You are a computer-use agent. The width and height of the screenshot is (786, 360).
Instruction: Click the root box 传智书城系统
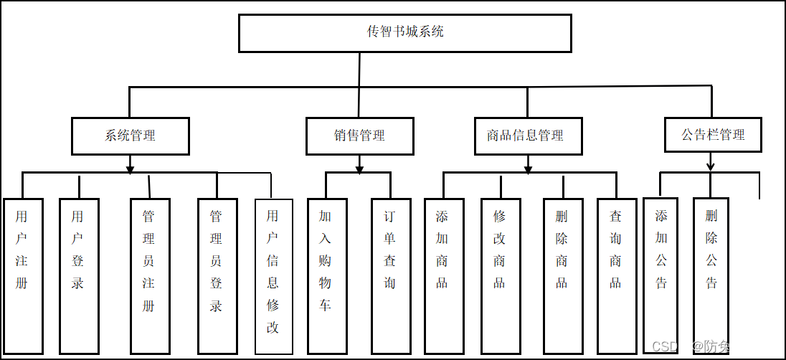(x=404, y=33)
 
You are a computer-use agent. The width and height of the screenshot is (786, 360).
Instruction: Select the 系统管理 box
(x=130, y=136)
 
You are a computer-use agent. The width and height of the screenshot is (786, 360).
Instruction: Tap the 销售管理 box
(x=359, y=136)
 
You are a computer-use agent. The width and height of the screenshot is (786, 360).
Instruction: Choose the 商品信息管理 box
(x=528, y=136)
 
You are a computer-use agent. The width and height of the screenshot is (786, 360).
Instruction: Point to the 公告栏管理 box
(x=713, y=135)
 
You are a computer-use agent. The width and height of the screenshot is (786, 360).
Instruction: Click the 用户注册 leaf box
(x=22, y=276)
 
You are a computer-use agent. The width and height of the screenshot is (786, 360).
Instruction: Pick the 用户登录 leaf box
(x=78, y=276)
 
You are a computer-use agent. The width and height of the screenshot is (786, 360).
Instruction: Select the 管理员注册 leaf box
(x=149, y=276)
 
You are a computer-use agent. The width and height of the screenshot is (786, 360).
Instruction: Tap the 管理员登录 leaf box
(x=217, y=276)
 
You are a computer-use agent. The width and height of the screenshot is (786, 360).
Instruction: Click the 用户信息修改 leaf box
(x=273, y=276)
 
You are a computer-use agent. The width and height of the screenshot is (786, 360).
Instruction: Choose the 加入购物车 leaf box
(x=326, y=276)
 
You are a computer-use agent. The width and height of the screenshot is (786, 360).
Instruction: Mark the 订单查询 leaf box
(x=390, y=276)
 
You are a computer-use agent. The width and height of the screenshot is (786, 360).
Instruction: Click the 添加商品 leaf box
(x=443, y=276)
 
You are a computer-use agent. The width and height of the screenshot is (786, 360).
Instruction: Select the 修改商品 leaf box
(x=500, y=276)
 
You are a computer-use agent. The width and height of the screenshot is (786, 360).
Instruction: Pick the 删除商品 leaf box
(x=562, y=276)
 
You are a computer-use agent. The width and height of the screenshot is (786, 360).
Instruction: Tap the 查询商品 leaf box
(x=616, y=276)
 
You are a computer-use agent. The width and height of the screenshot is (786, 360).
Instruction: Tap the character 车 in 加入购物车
(x=326, y=305)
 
